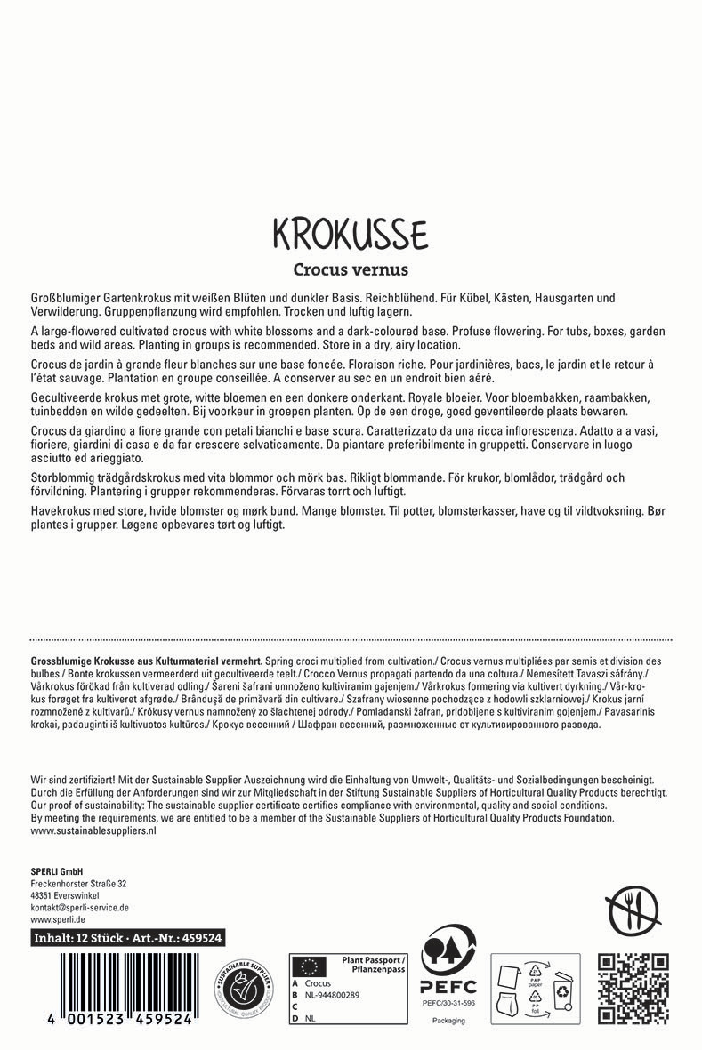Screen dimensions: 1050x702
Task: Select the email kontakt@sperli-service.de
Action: tap(80, 908)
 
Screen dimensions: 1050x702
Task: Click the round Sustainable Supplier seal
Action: tap(243, 989)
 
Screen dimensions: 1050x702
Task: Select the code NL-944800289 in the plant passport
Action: tap(334, 996)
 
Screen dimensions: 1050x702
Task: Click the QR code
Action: tap(633, 987)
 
